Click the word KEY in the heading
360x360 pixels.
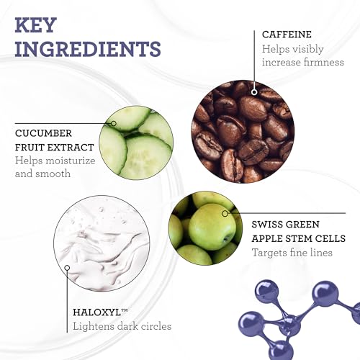coord(36,25)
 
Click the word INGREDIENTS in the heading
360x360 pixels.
coord(88,49)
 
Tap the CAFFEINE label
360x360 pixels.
coord(287,35)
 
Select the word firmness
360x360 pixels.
coord(324,62)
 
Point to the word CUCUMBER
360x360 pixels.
coord(43,133)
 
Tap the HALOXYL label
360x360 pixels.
coord(100,312)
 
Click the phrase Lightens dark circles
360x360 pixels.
coord(122,326)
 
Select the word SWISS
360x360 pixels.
coord(265,225)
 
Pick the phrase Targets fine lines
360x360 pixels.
coord(292,253)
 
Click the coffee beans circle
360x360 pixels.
coord(243,132)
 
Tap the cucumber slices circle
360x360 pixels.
coord(136,143)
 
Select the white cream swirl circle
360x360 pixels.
coord(102,243)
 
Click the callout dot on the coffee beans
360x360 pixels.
coord(254,92)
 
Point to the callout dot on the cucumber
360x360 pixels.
coord(114,123)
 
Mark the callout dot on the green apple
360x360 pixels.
coord(225,213)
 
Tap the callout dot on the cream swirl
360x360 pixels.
coord(67,268)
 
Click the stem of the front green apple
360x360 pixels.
coord(226,239)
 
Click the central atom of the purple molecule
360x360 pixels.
coord(289,325)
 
